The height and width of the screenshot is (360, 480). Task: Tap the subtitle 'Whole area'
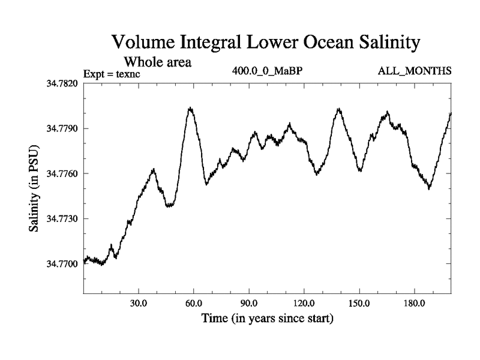point(157,61)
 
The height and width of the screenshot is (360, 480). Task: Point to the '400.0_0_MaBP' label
point(268,71)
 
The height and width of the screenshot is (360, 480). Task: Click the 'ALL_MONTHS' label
point(414,71)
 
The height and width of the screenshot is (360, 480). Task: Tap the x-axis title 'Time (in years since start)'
point(267,318)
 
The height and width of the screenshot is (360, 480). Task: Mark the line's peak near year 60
point(190,108)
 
